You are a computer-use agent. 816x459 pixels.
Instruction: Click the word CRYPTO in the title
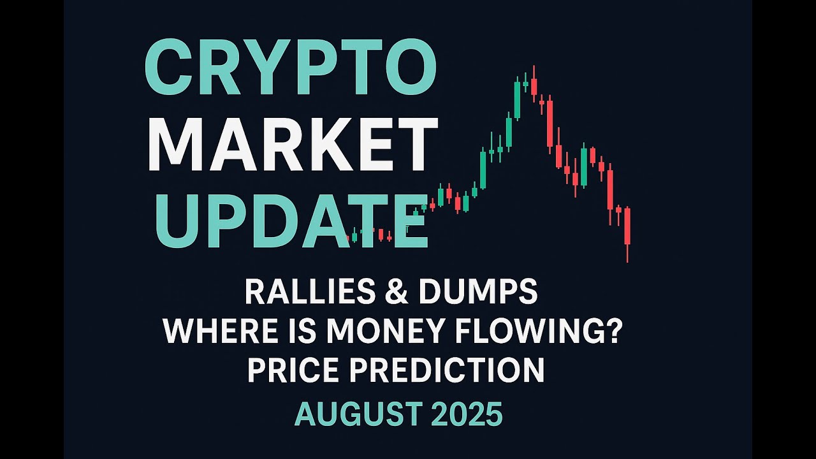coord(290,66)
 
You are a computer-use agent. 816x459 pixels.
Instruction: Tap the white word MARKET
coord(293,145)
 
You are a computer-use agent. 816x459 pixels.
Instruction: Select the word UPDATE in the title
coord(290,221)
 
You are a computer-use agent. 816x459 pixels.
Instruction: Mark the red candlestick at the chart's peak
coord(534,86)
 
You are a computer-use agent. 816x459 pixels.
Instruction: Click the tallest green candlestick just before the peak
coord(517,99)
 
